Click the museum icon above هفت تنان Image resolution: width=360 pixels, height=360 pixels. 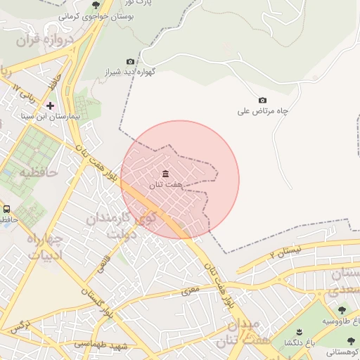click(165, 174)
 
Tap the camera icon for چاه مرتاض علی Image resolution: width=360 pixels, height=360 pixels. click(263, 101)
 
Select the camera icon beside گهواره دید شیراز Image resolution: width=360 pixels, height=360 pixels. click(129, 62)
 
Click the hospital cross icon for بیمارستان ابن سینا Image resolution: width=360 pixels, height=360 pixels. click(50, 105)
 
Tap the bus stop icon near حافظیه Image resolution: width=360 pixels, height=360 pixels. click(7, 209)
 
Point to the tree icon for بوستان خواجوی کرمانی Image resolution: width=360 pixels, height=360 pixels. click(96, 5)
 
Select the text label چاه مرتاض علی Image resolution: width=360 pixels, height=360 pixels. click(264, 111)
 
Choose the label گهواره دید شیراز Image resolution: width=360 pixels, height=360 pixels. click(147, 72)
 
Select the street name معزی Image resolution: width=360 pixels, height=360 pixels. click(190, 289)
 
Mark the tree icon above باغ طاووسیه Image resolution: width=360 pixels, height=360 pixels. click(342, 309)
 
